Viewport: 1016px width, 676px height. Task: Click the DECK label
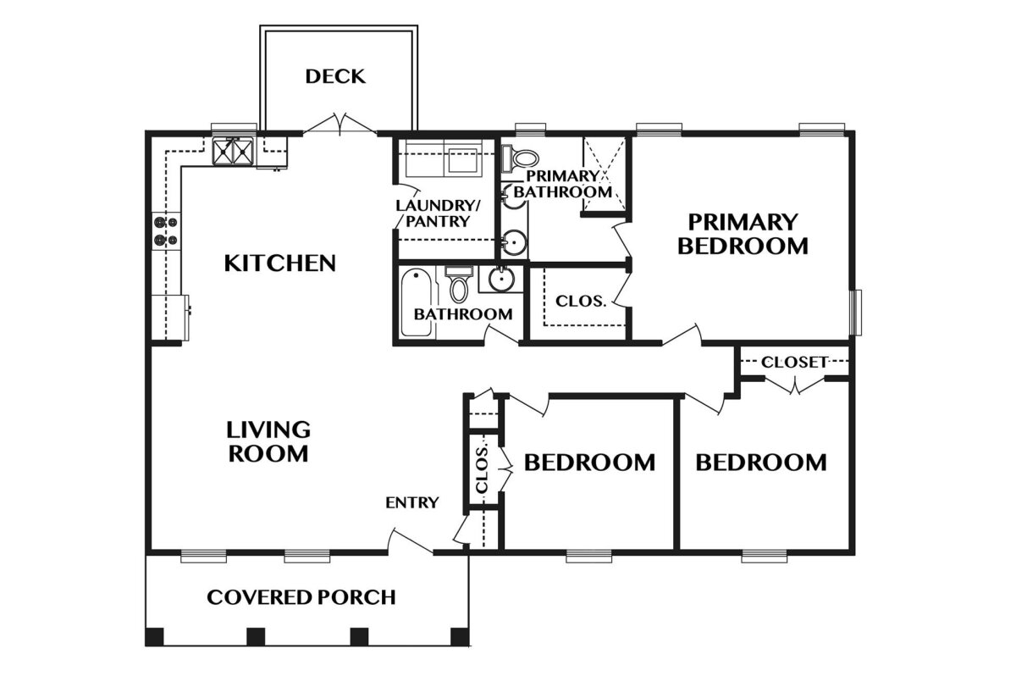click(335, 76)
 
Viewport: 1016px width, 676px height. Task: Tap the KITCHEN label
click(280, 263)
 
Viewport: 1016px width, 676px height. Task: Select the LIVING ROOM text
click(268, 441)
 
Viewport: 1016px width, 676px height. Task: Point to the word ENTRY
click(412, 502)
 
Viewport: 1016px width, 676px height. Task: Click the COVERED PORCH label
click(301, 597)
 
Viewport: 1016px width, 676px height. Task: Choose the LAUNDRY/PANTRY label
click(438, 213)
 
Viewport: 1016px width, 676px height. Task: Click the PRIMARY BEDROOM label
click(743, 234)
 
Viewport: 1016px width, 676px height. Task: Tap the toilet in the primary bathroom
click(521, 158)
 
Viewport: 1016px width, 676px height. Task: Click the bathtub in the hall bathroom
click(417, 302)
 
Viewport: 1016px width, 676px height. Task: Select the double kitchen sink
click(233, 152)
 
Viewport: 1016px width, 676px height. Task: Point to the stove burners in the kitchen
click(166, 231)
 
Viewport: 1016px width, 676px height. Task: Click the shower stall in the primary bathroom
click(605, 174)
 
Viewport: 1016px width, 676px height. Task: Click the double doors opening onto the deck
click(340, 124)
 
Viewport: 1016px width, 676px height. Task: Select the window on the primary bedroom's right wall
click(855, 313)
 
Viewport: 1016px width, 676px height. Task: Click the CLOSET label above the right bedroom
click(795, 362)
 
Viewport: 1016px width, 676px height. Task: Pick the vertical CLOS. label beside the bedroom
click(482, 468)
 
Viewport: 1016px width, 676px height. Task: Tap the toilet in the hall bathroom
click(459, 285)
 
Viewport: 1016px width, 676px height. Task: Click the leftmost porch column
click(154, 636)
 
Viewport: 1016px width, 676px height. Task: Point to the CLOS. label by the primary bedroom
click(581, 301)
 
